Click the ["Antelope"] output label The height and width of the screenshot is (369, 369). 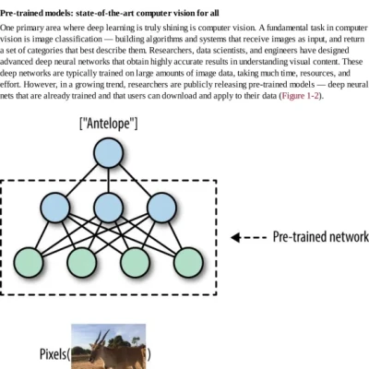tap(108, 123)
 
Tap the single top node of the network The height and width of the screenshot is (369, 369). tap(108, 152)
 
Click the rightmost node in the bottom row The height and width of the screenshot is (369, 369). tap(188, 260)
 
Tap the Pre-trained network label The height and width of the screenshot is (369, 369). tap(320, 237)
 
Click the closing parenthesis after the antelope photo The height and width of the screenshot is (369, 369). tap(149, 355)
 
